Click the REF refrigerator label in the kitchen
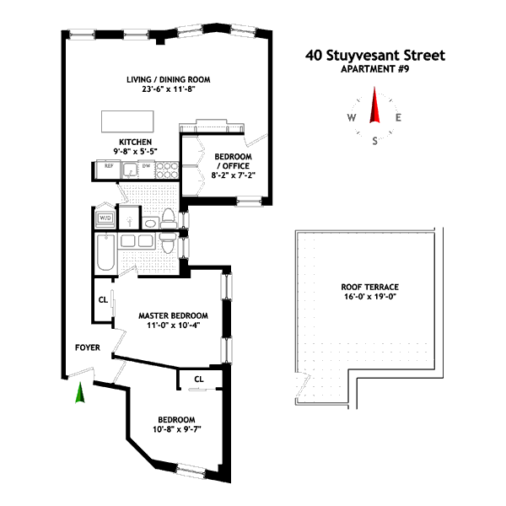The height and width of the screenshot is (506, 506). coord(109,166)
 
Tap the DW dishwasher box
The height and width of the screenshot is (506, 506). coord(147,166)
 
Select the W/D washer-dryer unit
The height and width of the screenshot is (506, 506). coord(106,218)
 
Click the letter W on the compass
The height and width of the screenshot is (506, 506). coord(351,118)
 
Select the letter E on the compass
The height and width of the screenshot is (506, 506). coord(399,118)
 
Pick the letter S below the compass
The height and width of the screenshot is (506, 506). coord(375,141)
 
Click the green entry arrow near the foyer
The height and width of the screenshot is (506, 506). coord(80,392)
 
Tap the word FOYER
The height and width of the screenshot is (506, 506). coord(89,346)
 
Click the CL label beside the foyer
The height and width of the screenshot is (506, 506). coord(103,299)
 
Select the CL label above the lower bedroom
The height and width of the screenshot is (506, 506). coord(198,379)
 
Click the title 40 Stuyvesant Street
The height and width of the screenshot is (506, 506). coord(374,57)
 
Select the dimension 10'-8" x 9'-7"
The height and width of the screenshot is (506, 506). coord(176,429)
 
